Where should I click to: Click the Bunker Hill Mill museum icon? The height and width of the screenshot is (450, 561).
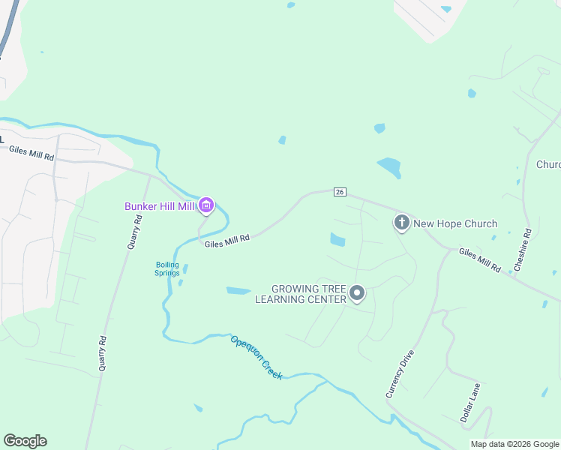(207, 205)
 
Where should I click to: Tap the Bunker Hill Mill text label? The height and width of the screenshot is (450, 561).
(160, 206)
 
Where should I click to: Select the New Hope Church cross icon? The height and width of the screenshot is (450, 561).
(401, 223)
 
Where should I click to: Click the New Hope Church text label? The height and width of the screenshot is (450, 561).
(455, 223)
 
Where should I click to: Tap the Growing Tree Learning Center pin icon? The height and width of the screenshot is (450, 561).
(357, 294)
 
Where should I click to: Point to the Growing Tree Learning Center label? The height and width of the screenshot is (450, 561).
(300, 294)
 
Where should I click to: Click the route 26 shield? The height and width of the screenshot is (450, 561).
(340, 193)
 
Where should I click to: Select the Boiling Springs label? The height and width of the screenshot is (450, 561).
(167, 268)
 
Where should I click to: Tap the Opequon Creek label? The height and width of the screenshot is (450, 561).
(256, 356)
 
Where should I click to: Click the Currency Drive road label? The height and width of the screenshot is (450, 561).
(400, 373)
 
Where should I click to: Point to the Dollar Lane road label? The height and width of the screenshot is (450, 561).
(470, 403)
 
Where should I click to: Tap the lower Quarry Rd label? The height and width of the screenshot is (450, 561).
(103, 353)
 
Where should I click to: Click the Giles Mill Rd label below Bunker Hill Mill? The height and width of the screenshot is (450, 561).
(226, 238)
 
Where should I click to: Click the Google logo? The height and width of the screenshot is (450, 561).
(25, 441)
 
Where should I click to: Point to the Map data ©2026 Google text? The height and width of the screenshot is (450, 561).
(514, 444)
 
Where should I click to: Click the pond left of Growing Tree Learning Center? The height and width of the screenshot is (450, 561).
(238, 290)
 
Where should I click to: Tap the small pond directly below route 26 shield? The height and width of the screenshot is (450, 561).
(337, 240)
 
